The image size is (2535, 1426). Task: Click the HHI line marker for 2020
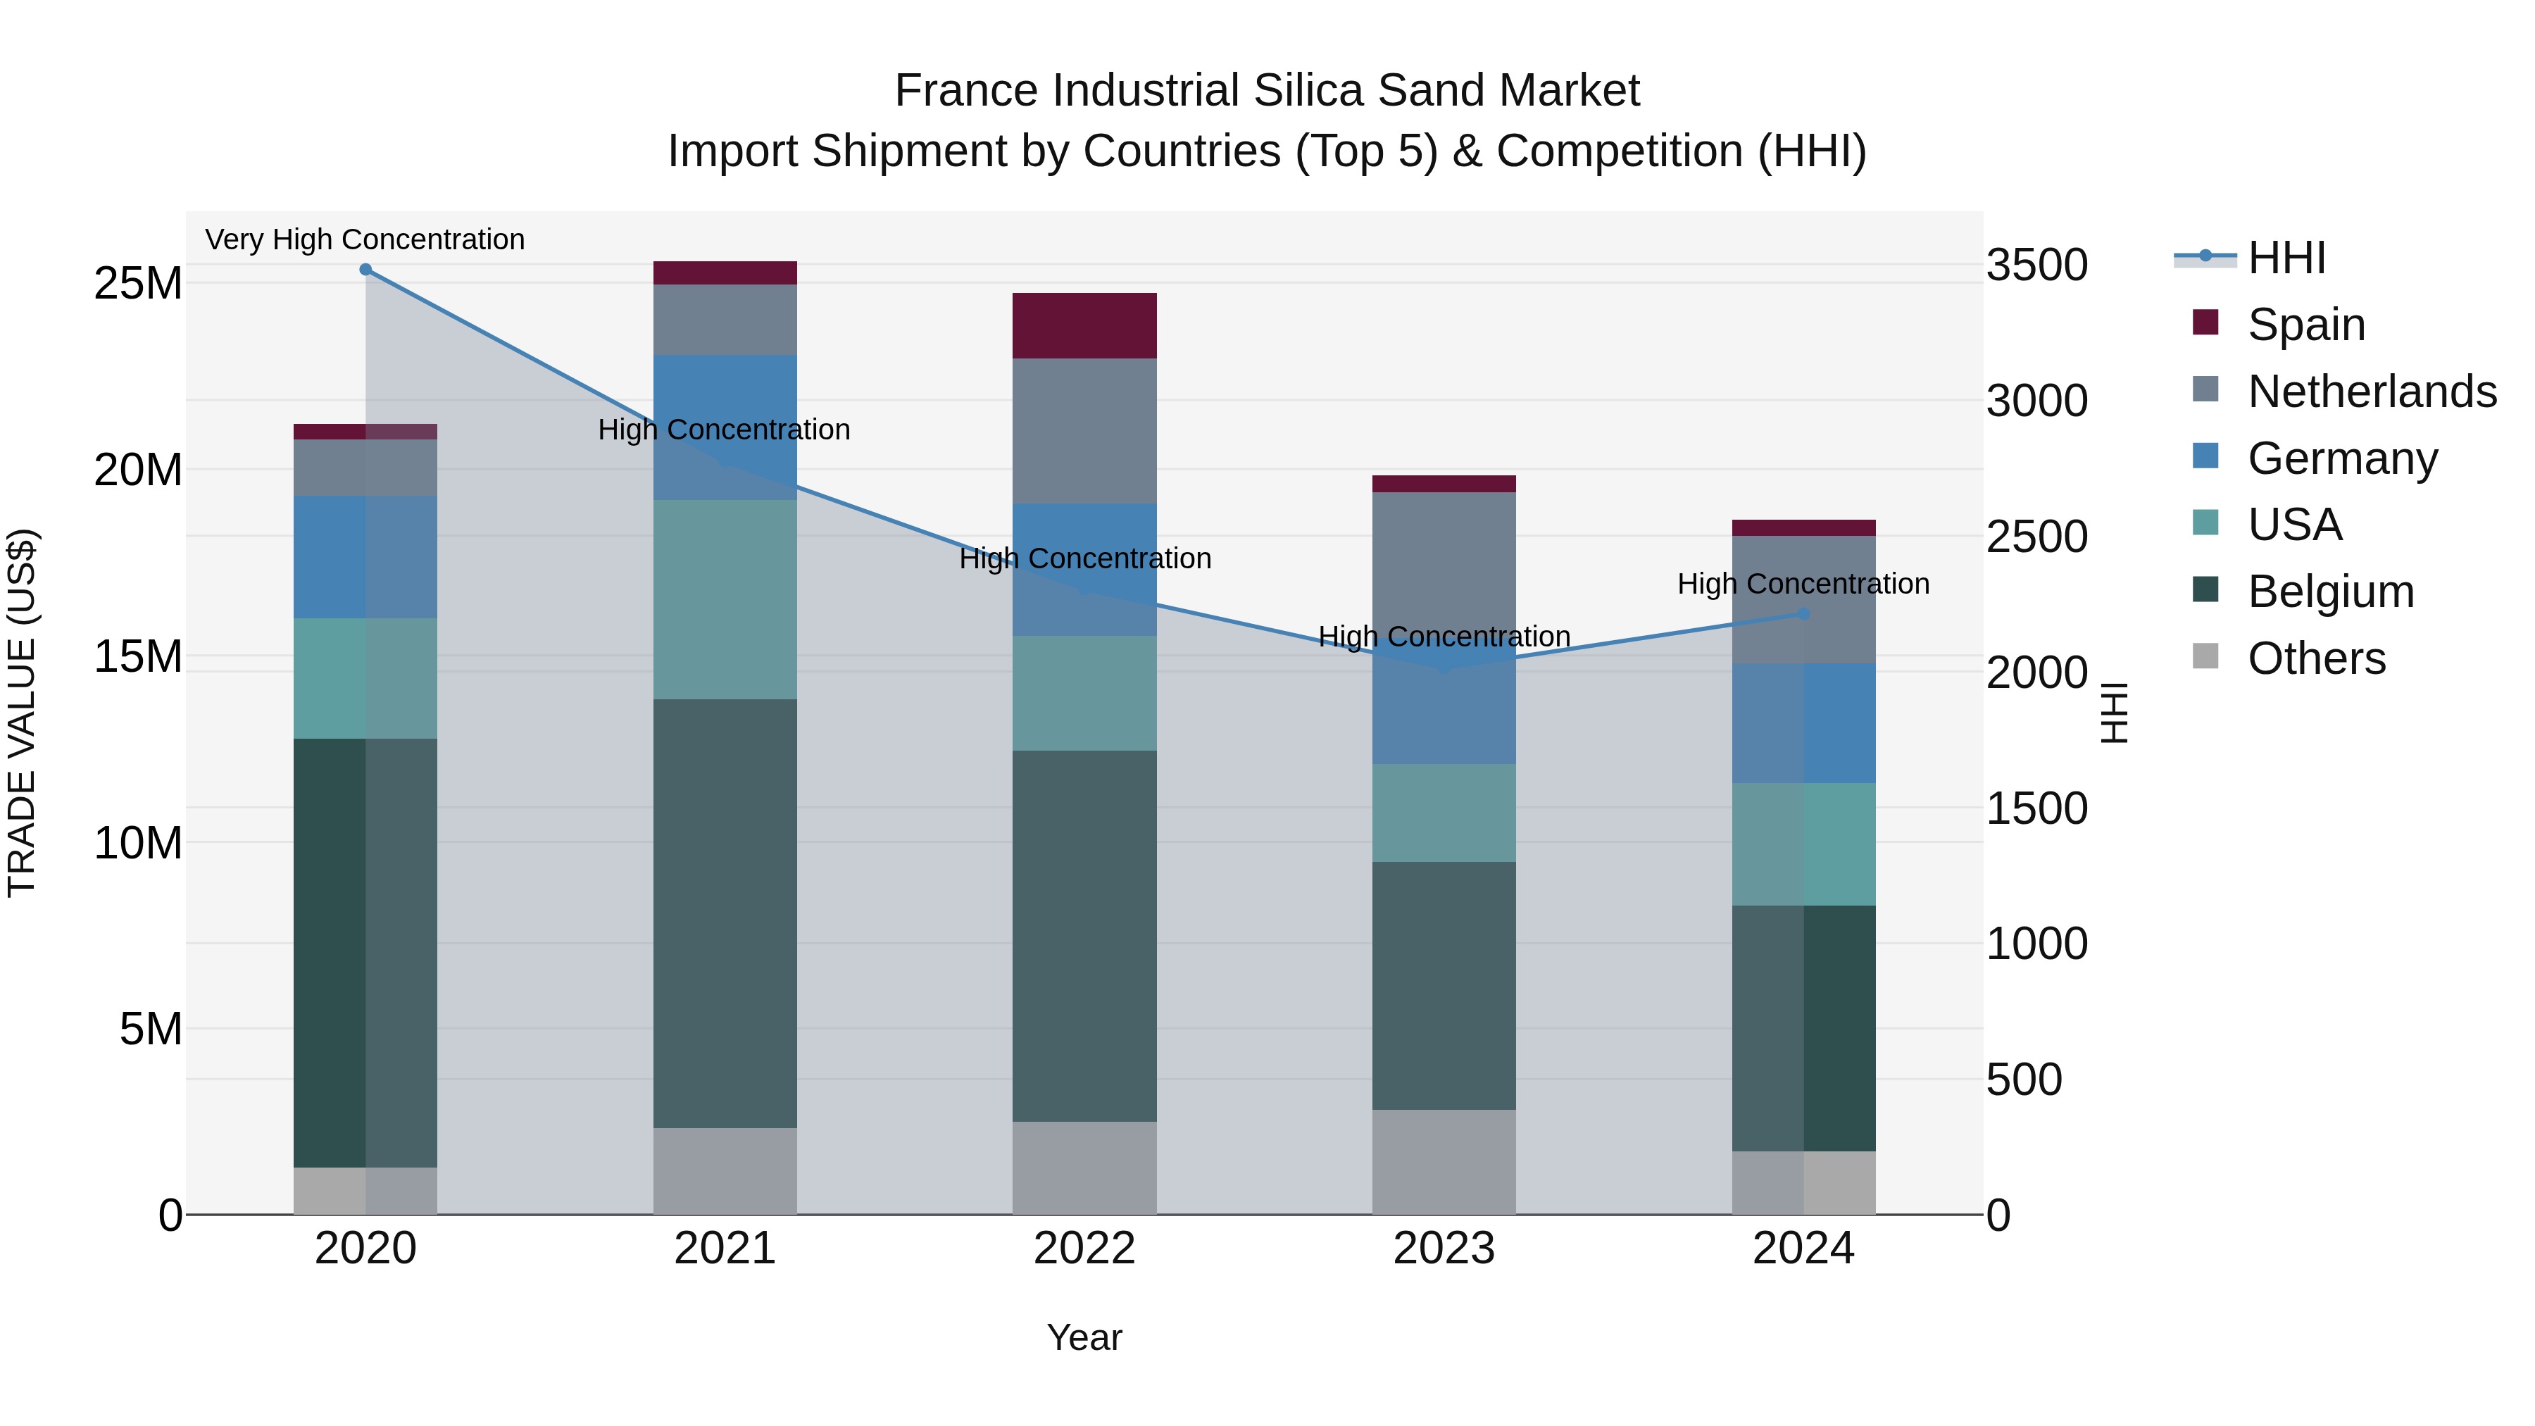[x=365, y=269]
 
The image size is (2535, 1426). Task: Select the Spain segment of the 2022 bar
[x=1084, y=326]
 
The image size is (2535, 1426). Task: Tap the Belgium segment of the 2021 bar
[x=725, y=913]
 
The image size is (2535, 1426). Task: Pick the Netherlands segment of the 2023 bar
[x=1444, y=561]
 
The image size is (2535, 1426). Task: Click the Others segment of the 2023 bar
[x=1444, y=1162]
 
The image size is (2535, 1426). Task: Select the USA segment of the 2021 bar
[x=725, y=599]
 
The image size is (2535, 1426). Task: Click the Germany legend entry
[x=2342, y=458]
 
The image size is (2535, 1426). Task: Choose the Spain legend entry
[x=2305, y=325]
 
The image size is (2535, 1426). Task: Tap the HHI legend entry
[x=2286, y=258]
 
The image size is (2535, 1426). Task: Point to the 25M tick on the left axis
[x=138, y=283]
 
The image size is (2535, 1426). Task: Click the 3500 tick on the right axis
[x=2036, y=265]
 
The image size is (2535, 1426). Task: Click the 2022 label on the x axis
[x=1084, y=1249]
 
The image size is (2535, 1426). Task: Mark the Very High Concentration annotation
[x=365, y=239]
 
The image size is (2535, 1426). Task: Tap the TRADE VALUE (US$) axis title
[x=22, y=713]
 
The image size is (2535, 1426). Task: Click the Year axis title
[x=1084, y=1337]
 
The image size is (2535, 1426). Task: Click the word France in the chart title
[x=966, y=91]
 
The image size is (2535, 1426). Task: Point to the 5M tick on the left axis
[x=151, y=1030]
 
